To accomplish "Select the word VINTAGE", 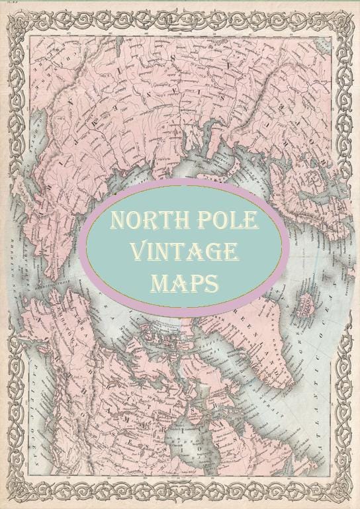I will click(184, 252).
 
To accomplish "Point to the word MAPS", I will click(184, 283).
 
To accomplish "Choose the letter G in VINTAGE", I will click(214, 252).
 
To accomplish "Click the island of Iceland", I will click(305, 306).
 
